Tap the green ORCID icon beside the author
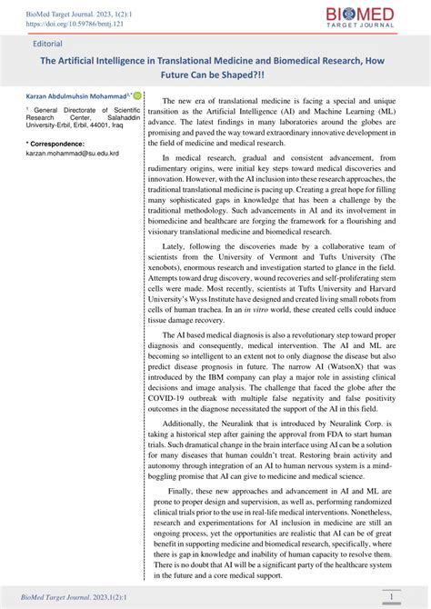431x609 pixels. pos(137,94)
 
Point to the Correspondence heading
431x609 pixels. pos(55,144)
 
